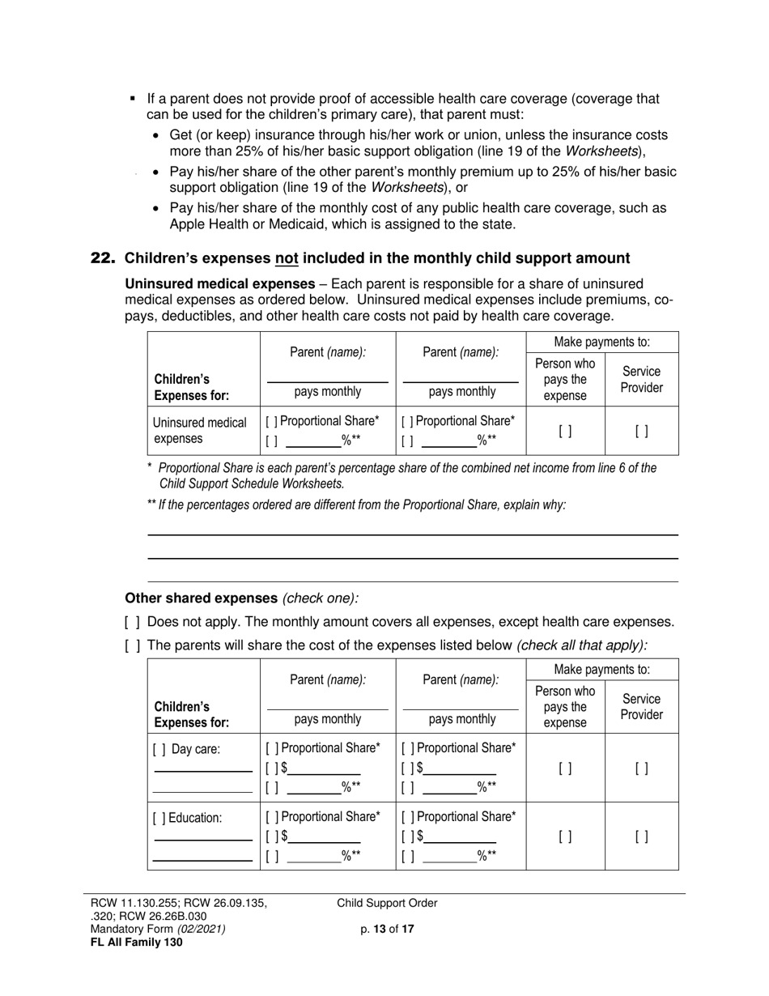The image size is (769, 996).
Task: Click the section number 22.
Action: click(103, 258)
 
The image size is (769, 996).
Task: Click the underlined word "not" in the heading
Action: click(287, 258)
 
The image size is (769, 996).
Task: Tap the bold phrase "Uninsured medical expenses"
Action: click(219, 283)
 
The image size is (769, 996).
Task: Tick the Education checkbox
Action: click(157, 818)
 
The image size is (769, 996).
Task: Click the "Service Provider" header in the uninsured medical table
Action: click(641, 380)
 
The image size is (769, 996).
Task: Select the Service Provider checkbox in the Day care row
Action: click(641, 768)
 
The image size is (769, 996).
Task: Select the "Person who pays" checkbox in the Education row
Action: click(565, 836)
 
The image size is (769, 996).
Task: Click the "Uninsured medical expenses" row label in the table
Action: click(199, 431)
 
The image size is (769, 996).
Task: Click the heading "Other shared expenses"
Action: click(201, 598)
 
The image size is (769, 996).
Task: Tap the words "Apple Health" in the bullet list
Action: click(206, 224)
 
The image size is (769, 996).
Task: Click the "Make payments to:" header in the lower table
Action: click(601, 670)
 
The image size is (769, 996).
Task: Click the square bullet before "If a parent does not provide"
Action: click(133, 99)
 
